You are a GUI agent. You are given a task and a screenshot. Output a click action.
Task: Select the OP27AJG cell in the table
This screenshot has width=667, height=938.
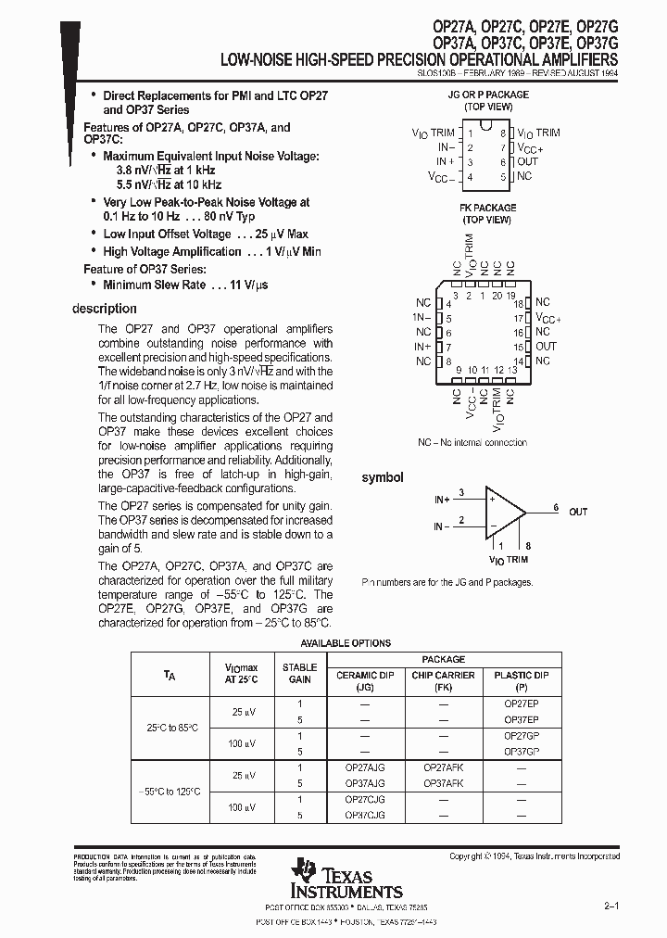pos(364,767)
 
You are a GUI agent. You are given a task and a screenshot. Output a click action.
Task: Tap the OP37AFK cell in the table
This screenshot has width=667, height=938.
pos(443,783)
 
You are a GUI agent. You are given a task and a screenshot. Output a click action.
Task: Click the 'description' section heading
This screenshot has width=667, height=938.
pos(104,309)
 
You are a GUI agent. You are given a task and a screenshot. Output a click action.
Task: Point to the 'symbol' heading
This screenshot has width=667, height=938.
pos(382,477)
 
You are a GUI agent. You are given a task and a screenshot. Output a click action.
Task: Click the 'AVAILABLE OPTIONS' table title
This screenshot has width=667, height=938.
pos(345,643)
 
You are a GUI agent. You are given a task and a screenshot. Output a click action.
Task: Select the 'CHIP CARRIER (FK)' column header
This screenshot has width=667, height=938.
pos(443,681)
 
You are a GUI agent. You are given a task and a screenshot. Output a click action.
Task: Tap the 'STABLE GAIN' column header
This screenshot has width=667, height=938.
pos(299,673)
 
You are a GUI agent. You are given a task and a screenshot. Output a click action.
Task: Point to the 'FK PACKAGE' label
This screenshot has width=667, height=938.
pos(487,208)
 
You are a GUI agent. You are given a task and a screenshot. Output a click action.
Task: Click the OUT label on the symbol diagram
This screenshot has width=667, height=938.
pos(578,512)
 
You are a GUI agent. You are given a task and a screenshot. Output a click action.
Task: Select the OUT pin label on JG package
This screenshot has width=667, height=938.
pos(527,161)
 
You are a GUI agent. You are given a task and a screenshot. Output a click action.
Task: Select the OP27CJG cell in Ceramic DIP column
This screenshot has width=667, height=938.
pos(364,799)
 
